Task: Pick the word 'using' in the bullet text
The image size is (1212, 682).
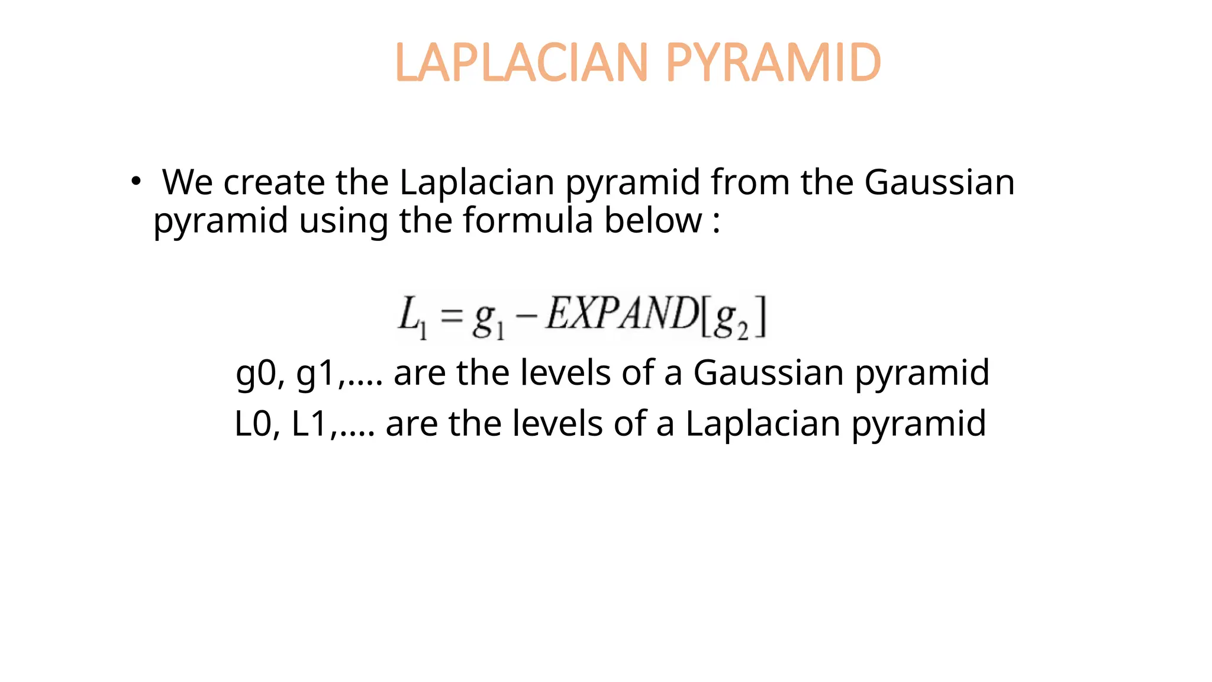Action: click(x=343, y=221)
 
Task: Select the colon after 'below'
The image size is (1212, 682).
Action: click(x=717, y=223)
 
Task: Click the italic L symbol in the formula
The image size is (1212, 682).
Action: click(x=409, y=314)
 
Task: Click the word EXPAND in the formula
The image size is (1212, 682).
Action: click(x=621, y=313)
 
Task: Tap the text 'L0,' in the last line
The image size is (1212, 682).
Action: click(x=257, y=424)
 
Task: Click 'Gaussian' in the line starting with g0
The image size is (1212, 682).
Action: click(x=768, y=372)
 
